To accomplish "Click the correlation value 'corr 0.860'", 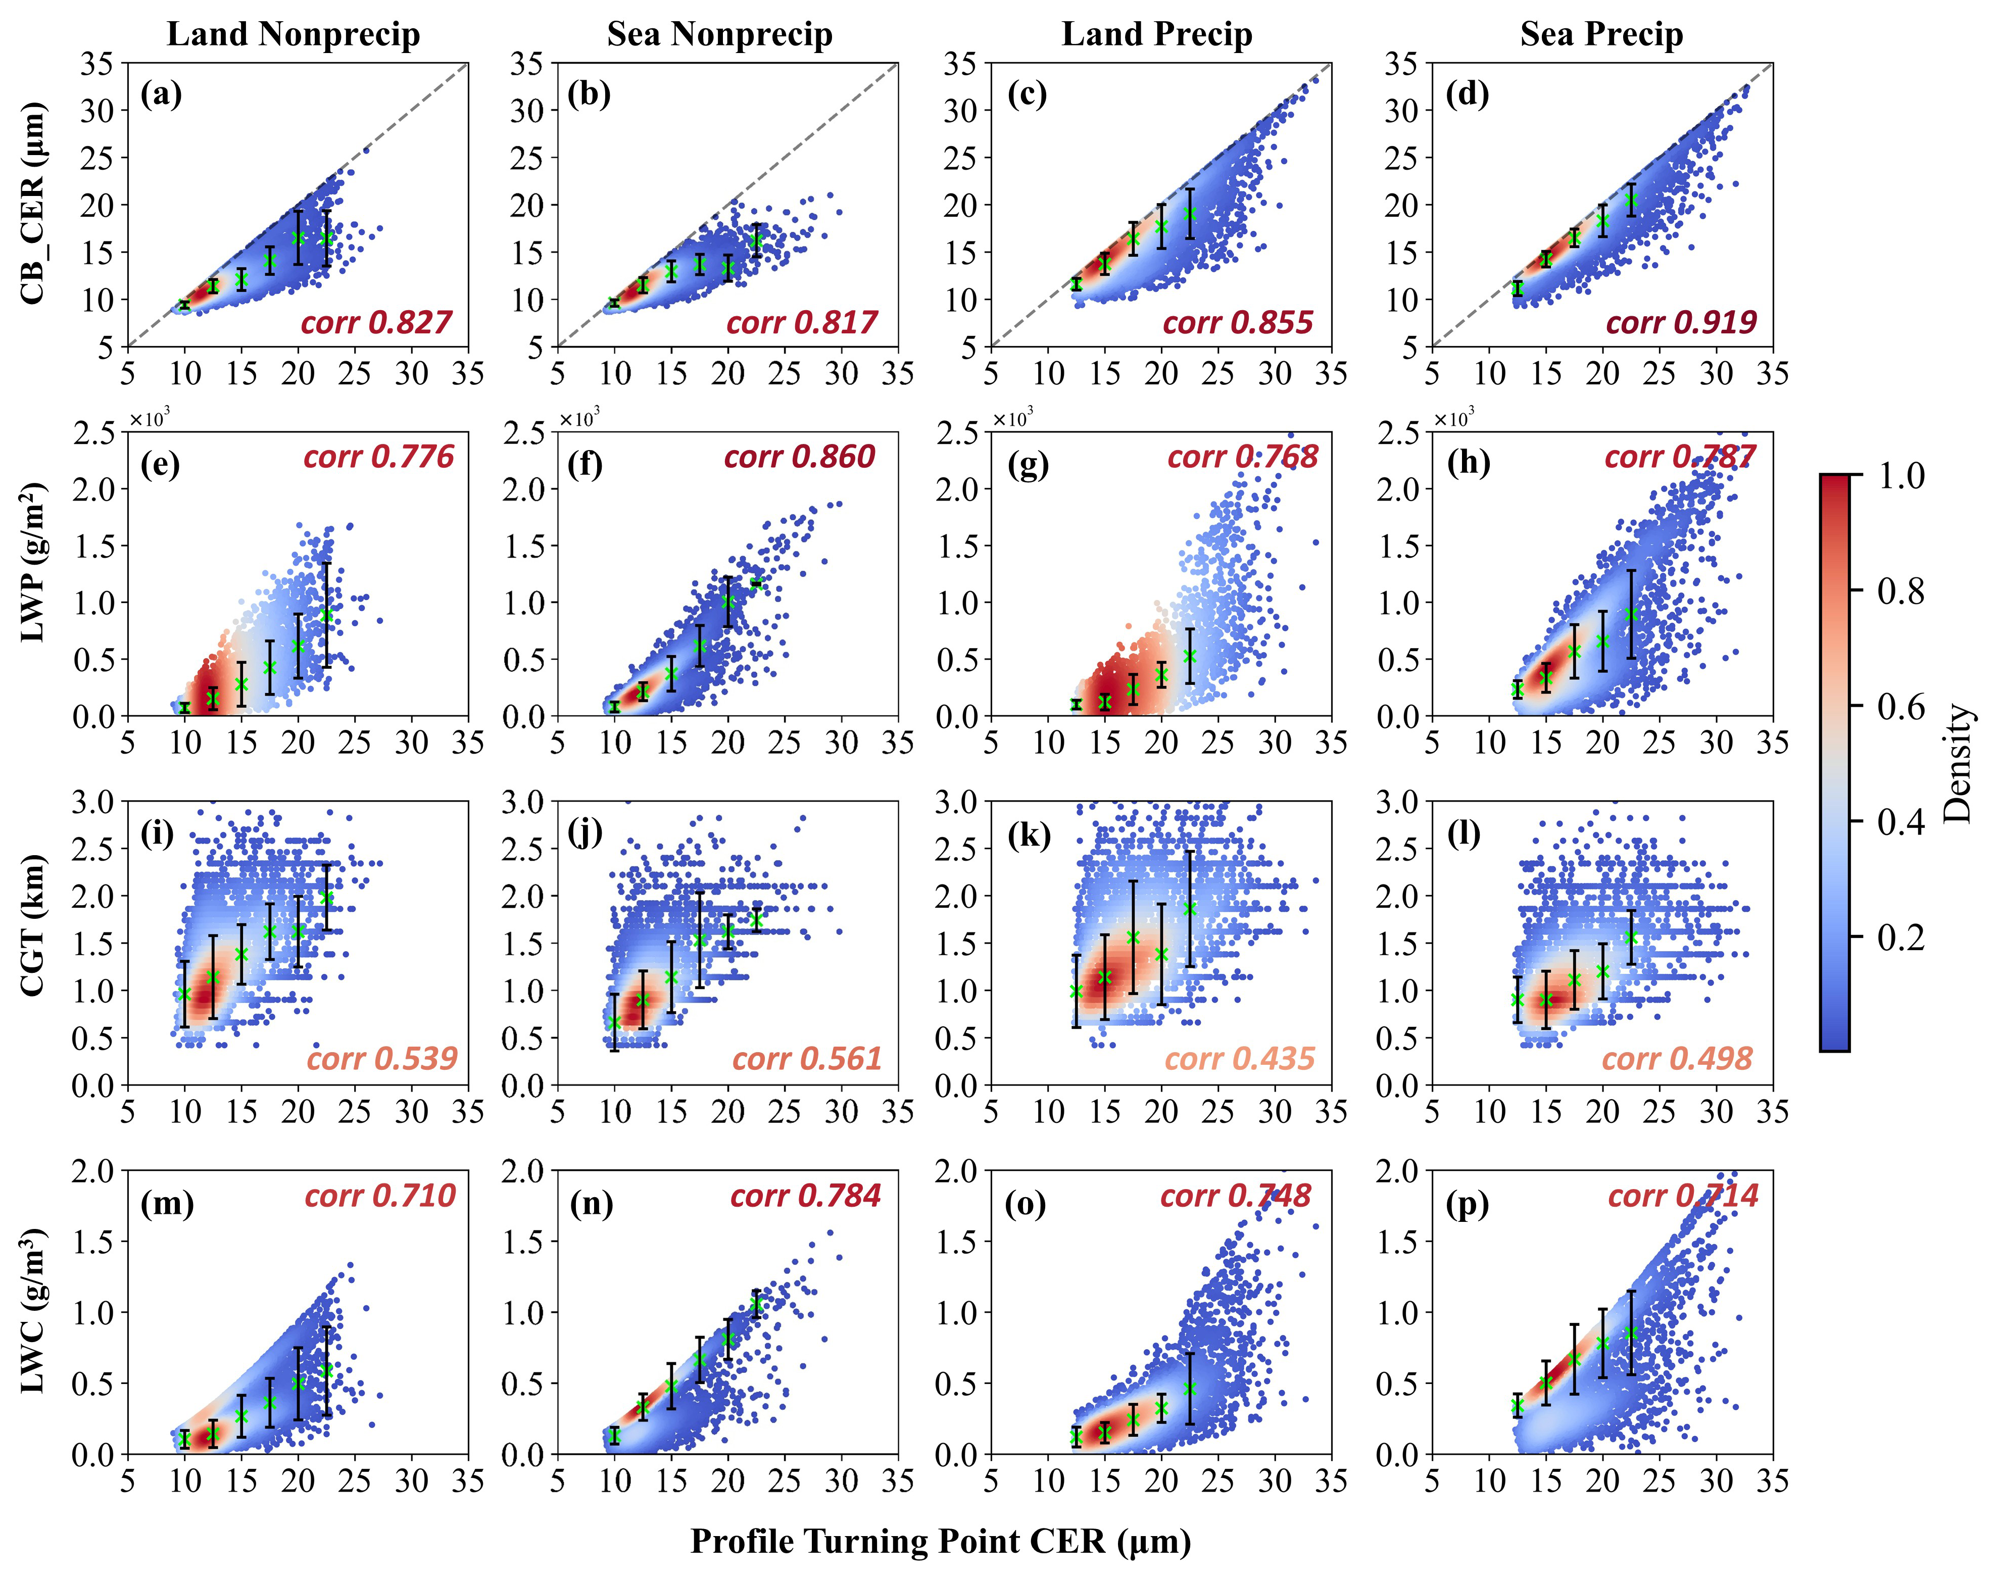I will (x=799, y=457).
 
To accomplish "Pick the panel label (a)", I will (x=161, y=94).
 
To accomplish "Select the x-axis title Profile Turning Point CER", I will (x=941, y=1541).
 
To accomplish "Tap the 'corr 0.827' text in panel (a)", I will (x=376, y=322).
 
